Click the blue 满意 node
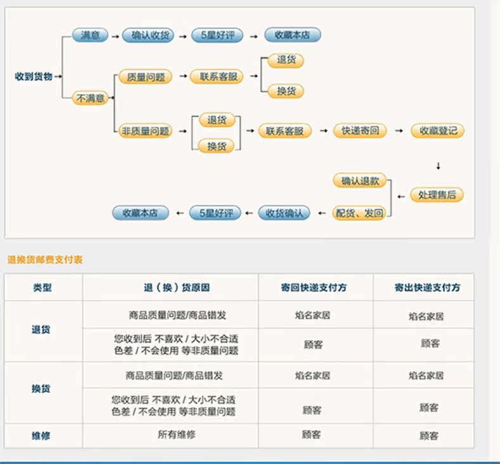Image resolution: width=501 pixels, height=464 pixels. tap(90, 35)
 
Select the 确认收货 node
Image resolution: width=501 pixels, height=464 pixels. tap(148, 35)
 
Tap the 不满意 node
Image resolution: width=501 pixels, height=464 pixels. tap(90, 98)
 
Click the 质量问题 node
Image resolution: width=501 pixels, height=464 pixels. tap(145, 77)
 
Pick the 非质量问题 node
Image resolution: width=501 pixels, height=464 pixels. tap(145, 131)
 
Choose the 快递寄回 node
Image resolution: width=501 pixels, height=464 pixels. tap(360, 131)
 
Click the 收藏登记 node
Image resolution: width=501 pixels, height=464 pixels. tap(438, 131)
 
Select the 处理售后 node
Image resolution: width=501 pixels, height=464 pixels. tap(437, 195)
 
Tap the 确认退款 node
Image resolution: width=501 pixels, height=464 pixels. tap(360, 181)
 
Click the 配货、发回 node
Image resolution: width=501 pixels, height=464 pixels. tap(359, 213)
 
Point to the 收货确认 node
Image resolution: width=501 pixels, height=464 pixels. tap(284, 213)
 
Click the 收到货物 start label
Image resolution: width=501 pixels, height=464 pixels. tap(34, 77)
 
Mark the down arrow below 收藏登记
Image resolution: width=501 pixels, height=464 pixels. tap(438, 166)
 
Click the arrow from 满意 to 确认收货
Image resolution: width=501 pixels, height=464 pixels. tap(115, 36)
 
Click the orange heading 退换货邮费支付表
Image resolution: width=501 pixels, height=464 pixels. tap(45, 260)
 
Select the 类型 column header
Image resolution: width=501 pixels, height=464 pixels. tap(42, 287)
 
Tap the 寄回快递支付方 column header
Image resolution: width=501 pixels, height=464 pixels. tap(314, 287)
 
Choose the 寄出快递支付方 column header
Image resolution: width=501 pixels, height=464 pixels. tap(427, 287)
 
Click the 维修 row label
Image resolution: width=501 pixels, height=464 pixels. tap(41, 436)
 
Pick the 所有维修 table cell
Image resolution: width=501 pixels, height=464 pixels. tap(176, 434)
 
